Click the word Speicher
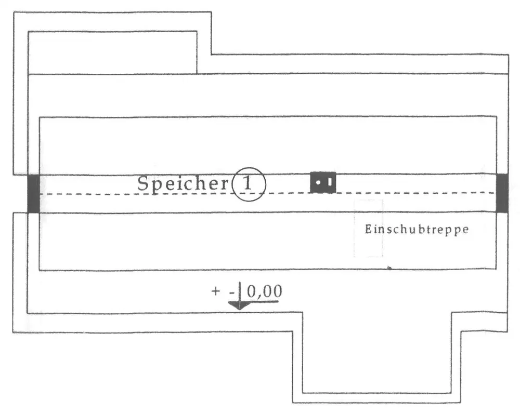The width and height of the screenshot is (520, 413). (183, 184)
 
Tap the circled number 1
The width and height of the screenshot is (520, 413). (249, 184)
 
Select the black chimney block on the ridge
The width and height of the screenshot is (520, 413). (323, 182)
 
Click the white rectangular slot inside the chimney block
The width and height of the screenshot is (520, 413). (329, 182)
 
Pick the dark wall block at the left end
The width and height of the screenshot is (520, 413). (33, 193)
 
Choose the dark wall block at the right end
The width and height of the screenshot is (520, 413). (502, 193)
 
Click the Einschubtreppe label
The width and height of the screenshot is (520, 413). (416, 229)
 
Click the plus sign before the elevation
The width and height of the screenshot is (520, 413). (216, 291)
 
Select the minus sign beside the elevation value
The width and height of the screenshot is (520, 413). (230, 292)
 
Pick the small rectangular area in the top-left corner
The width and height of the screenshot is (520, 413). (112, 52)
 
